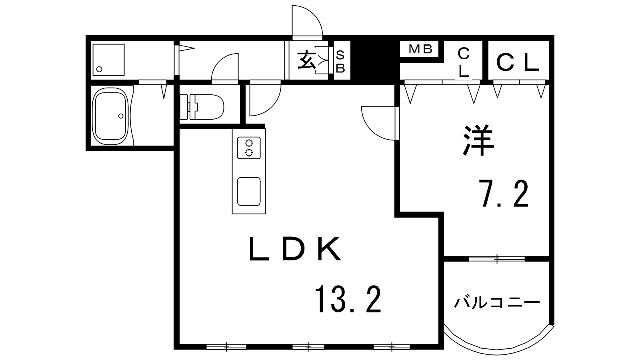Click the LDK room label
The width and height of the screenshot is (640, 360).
coord(295,248)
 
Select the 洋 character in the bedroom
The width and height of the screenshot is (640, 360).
coord(478,140)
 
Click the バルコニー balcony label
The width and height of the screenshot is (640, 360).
coord(497,303)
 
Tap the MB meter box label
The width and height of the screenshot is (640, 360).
coord(420,49)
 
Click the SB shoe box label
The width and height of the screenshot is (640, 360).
coord(340,62)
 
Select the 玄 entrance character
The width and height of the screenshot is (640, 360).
coord(306,60)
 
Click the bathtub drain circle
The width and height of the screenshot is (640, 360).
coord(121,116)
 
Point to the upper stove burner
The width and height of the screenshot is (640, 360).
coord(249,143)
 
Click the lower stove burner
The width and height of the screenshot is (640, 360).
coord(249,153)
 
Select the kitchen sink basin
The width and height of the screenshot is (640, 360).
coord(249,192)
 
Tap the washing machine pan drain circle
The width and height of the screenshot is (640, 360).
coord(99,69)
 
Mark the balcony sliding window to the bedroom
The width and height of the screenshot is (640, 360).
coord(497,259)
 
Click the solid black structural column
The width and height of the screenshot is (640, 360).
coord(375,60)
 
